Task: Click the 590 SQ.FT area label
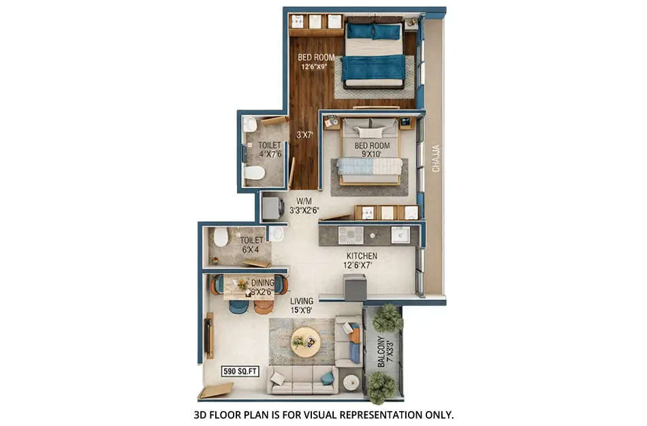pos(239,371)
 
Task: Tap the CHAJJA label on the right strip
pos(437,157)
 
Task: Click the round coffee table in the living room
pos(305,341)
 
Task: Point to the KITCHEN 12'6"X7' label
pos(360,260)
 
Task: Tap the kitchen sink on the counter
pos(400,234)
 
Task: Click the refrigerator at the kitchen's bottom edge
pos(354,287)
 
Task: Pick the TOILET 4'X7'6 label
pos(270,149)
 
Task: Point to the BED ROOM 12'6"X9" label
pos(315,62)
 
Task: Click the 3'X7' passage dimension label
pos(304,136)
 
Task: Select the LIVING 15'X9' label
pos(302,305)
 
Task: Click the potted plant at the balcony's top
pos(388,317)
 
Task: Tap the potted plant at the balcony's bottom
pos(381,387)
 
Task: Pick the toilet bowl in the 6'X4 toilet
pos(221,237)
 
